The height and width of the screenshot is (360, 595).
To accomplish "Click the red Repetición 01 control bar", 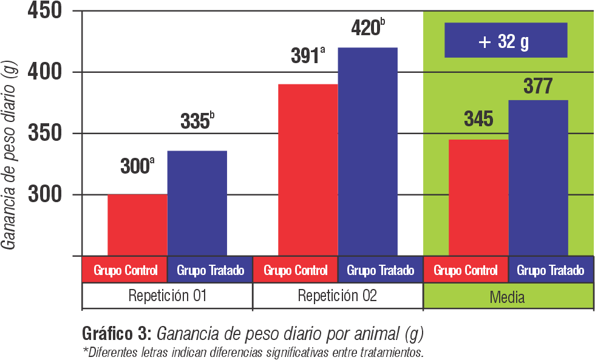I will (x=137, y=225).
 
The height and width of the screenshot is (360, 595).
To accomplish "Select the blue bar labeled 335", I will (x=197, y=203).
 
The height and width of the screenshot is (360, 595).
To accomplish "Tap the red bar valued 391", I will (x=307, y=170).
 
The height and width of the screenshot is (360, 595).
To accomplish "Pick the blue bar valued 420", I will (x=368, y=152).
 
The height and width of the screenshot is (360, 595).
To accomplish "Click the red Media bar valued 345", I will (x=478, y=198).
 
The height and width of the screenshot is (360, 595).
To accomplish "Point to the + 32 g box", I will (x=505, y=41).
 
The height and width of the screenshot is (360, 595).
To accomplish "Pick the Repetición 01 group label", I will (x=167, y=296).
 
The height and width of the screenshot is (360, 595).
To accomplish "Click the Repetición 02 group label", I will (x=337, y=296).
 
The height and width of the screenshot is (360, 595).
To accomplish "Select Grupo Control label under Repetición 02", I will (x=296, y=270).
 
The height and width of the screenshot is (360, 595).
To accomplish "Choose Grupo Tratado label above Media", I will (x=550, y=270).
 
